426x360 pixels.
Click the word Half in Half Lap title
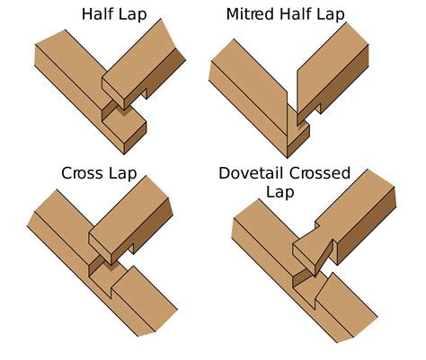[97, 14]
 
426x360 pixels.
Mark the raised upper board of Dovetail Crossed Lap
[351, 215]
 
